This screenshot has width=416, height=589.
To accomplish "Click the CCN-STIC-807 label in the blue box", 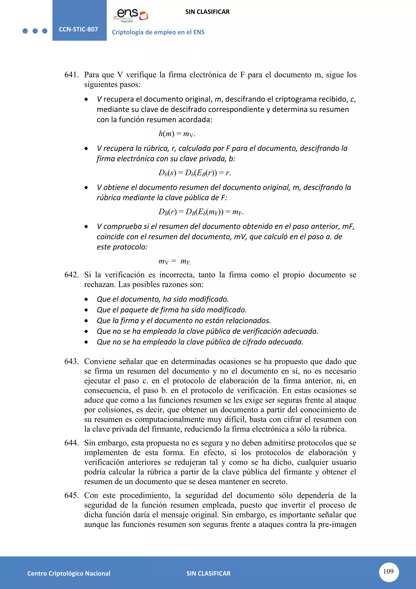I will click(78, 29).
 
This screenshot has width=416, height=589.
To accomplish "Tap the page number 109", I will click(388, 571).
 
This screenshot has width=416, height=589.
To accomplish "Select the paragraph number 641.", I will click(71, 75).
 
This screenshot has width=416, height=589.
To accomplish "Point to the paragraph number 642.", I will click(71, 275).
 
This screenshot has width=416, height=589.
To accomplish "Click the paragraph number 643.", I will click(71, 361).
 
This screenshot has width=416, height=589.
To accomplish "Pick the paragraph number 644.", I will click(71, 443).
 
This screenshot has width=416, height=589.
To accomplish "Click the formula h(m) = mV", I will click(177, 134).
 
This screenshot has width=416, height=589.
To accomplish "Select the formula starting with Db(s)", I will click(195, 173).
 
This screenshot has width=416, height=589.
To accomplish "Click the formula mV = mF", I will click(175, 261).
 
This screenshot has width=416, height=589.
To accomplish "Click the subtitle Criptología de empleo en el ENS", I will click(158, 32).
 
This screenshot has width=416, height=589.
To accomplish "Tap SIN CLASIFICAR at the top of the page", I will click(207, 12).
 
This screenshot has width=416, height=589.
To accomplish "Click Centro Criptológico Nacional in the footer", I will click(69, 573).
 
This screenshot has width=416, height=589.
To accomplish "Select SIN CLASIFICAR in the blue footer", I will click(208, 573).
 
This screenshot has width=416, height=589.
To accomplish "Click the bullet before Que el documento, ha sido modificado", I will click(86, 299).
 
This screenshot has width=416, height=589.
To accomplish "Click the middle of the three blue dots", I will click(35, 31).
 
